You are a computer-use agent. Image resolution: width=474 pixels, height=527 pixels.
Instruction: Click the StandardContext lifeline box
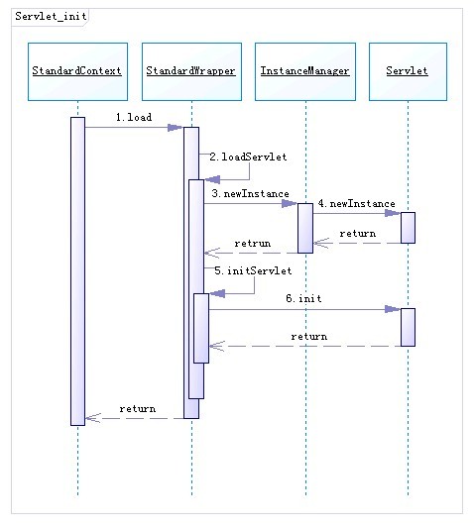tap(77, 71)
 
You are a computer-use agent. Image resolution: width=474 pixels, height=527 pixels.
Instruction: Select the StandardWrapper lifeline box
tap(191, 71)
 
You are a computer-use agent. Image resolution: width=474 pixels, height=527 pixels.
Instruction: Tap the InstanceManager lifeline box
tap(305, 71)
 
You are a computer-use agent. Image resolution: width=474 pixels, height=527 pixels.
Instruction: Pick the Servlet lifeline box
tap(408, 71)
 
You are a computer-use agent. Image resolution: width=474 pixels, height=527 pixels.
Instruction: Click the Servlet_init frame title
tap(51, 16)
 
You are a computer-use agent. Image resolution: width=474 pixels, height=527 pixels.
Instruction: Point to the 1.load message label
tap(134, 117)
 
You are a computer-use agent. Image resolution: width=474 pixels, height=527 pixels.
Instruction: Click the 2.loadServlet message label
tap(248, 157)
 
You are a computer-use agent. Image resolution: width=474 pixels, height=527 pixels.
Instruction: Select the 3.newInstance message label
tap(251, 193)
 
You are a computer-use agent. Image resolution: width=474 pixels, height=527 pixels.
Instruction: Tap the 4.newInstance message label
tap(357, 203)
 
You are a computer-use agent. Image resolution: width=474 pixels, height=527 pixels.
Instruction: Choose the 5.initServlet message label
tap(253, 270)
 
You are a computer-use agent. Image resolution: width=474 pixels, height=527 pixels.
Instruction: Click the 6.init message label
tap(303, 298)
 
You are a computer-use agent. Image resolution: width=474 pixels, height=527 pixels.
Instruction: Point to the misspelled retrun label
tap(253, 243)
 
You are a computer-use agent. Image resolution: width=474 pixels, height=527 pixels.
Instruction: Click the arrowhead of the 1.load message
tap(176, 128)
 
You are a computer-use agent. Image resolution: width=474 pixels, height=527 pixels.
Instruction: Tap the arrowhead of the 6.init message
tap(393, 309)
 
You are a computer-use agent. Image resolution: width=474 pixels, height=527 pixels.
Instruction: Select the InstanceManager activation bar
tap(305, 228)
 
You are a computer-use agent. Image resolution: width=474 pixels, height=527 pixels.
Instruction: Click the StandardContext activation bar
tap(77, 271)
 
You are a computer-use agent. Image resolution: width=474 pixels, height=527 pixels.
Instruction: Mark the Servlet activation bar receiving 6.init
tap(408, 327)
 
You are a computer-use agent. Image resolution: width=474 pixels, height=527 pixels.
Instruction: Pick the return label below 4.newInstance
tap(358, 233)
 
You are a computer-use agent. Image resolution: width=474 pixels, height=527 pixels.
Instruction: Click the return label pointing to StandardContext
tap(138, 409)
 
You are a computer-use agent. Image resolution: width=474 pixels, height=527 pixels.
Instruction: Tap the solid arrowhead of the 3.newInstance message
tap(290, 203)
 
